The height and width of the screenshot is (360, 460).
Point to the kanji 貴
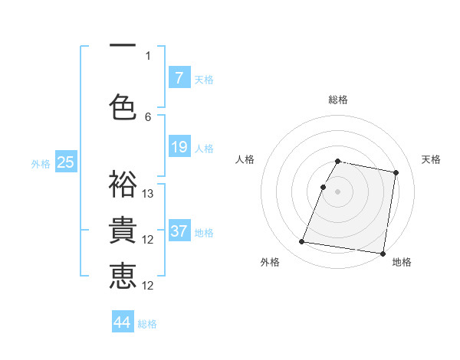(123, 230)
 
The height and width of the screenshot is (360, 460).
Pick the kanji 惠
(123, 276)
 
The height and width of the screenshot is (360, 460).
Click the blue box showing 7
(179, 77)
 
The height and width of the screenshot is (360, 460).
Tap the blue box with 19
(179, 147)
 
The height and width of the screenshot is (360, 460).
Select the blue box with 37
(179, 231)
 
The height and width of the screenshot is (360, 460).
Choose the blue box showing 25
(66, 162)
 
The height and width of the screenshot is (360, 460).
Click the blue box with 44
(123, 322)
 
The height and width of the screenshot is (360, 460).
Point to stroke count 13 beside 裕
(148, 194)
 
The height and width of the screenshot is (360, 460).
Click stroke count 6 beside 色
(148, 116)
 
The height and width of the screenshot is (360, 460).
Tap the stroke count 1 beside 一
(148, 55)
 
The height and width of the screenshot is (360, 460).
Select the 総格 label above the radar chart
(338, 100)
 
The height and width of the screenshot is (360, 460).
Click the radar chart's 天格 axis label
(431, 159)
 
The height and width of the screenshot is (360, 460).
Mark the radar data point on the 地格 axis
(383, 253)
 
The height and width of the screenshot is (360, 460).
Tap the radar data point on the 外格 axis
(302, 242)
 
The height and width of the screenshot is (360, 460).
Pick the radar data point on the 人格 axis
(323, 187)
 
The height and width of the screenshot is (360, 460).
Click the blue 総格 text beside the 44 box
(147, 323)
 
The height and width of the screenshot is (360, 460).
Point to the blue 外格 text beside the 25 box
(41, 163)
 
